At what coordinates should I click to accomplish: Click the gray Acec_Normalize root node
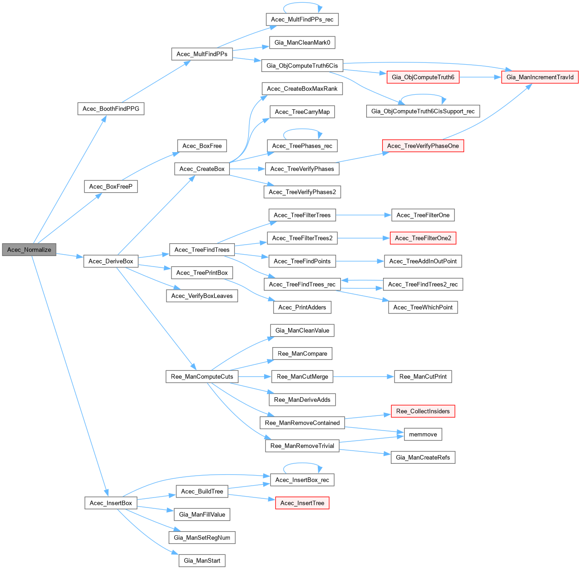point(29,250)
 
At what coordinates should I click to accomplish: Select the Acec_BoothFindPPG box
point(111,108)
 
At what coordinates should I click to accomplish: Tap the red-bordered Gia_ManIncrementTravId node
point(540,77)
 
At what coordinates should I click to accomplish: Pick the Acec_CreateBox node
point(202,169)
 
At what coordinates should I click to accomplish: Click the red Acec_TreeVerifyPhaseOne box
point(423,146)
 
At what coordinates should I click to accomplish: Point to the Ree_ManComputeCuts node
point(202,377)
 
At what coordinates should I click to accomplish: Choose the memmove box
point(423,434)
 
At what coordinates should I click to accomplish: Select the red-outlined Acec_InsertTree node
point(302,503)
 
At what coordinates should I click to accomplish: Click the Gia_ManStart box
point(202,560)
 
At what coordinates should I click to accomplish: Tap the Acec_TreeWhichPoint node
point(423,308)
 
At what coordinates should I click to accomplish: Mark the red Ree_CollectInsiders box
point(423,411)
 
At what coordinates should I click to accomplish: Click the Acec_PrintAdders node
point(302,308)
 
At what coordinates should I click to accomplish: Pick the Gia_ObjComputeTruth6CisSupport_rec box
point(423,111)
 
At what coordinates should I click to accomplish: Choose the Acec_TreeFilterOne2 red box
point(423,238)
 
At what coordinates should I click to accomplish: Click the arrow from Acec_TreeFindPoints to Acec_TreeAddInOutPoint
point(360,261)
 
